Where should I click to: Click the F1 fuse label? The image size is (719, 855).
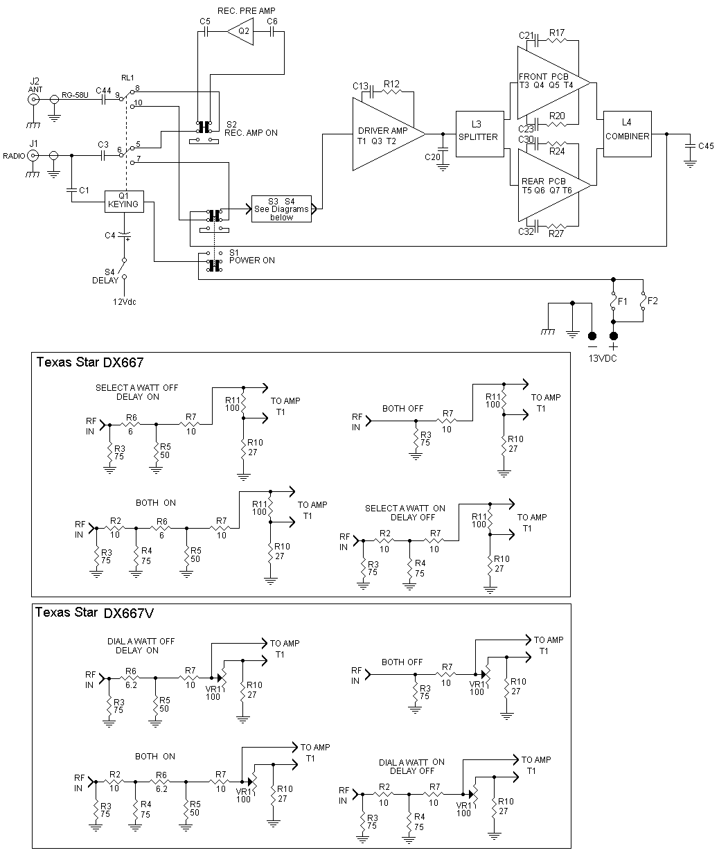(622, 301)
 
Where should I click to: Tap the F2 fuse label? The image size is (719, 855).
(653, 301)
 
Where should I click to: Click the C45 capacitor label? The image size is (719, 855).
(706, 146)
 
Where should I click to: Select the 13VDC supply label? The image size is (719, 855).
(603, 358)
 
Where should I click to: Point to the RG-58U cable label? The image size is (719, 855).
(75, 95)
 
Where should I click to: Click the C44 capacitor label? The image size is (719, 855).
(103, 91)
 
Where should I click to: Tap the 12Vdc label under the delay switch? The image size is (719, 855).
(125, 302)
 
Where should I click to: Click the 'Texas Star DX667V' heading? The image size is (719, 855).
(95, 612)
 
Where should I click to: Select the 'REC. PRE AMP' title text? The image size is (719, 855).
(246, 11)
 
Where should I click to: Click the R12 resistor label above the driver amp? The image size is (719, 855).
(391, 84)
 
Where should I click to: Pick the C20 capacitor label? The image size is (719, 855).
(432, 157)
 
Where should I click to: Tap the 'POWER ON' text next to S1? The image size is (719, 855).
(252, 261)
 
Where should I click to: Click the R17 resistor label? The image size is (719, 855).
(557, 33)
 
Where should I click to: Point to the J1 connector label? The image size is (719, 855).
(33, 143)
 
